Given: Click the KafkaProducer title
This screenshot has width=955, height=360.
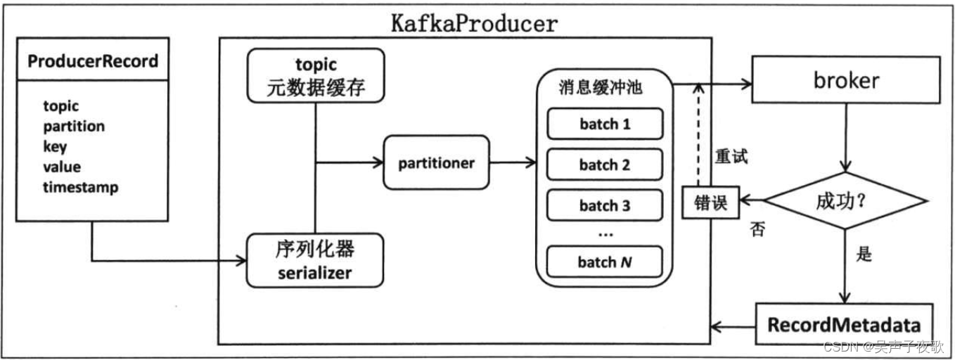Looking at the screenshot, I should click(474, 23).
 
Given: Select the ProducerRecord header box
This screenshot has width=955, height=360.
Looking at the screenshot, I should click(92, 61).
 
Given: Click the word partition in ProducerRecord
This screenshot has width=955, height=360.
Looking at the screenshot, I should click(74, 127).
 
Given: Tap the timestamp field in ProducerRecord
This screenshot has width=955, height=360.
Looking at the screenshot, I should click(80, 188).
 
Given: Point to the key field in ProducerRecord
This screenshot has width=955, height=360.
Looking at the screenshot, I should click(55, 147).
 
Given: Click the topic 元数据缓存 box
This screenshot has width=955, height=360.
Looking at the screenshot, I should click(316, 75).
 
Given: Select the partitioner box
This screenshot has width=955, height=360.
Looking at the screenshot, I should click(436, 163).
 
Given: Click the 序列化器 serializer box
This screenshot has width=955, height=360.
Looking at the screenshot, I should click(315, 261).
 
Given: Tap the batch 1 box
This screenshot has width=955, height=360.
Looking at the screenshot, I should click(605, 124).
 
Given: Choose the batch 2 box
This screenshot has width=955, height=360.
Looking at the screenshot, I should click(605, 165).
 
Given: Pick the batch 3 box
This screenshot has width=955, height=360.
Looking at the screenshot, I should click(605, 206).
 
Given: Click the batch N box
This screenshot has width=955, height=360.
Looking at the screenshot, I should click(605, 262).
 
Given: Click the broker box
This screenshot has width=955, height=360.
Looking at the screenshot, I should click(846, 80).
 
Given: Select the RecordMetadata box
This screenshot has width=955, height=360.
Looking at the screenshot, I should click(844, 325).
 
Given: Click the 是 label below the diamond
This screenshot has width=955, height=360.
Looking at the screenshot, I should click(864, 254).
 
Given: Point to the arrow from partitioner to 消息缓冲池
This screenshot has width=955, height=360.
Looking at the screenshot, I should click(513, 163).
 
